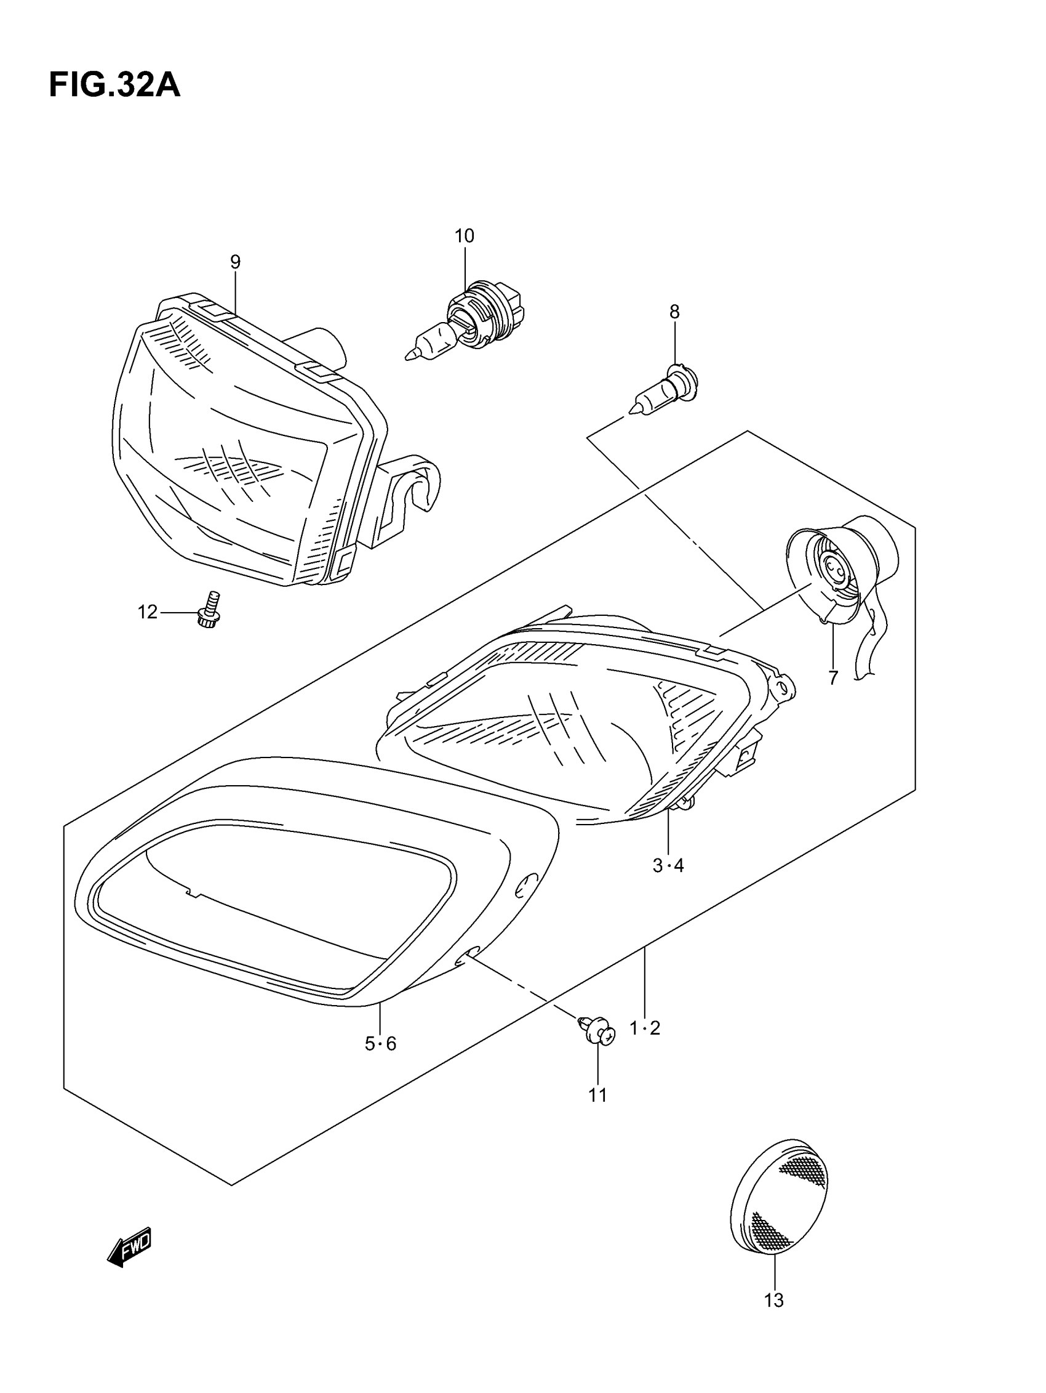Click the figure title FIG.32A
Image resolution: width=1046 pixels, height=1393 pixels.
pos(114,86)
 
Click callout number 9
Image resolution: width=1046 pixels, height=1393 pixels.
pos(236,262)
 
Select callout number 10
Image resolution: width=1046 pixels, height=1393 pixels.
pos(465,236)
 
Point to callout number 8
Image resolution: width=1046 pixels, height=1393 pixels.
pos(674,312)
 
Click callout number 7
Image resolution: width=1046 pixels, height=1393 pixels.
pos(833,677)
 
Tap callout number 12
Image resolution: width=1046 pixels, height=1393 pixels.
pos(148,612)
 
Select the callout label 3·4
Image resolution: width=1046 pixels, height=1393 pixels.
pos(668,866)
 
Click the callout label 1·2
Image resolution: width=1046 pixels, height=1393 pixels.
pos(645,1028)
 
